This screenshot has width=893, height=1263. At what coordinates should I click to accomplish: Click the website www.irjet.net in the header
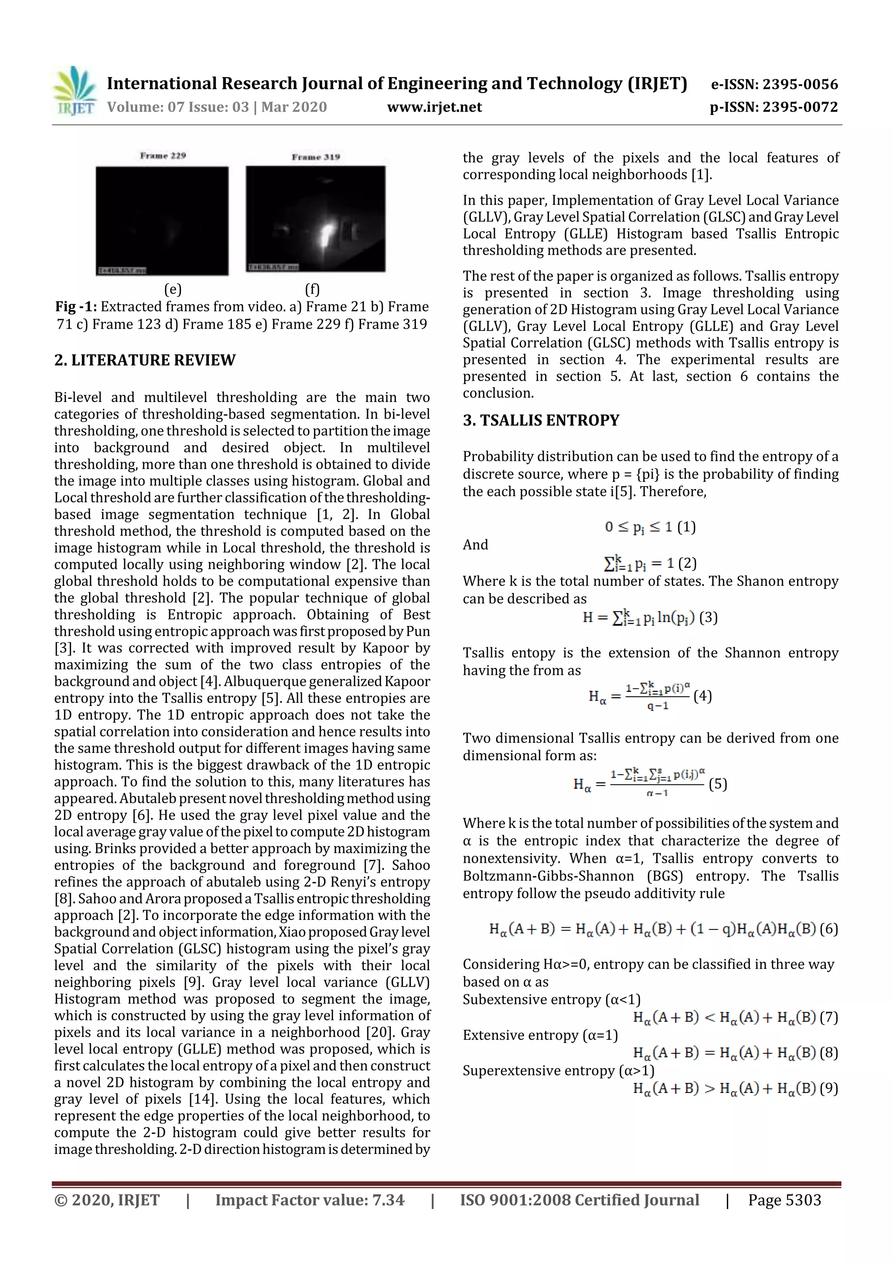coord(434,107)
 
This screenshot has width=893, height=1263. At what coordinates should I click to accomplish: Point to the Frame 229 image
coord(162,220)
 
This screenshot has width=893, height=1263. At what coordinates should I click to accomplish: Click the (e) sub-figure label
coord(173,289)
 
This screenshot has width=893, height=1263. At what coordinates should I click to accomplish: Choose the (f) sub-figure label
coord(312,289)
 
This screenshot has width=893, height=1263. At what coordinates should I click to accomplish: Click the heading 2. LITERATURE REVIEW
coord(145,360)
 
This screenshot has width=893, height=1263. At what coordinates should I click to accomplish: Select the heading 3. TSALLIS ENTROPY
coord(541,421)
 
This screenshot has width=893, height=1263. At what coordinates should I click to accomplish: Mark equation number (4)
coord(702,696)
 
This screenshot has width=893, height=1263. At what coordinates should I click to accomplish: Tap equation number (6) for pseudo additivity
coord(828,929)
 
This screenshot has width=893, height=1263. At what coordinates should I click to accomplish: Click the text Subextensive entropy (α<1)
coord(551,1000)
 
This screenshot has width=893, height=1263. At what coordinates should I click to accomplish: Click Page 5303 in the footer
coord(784,1200)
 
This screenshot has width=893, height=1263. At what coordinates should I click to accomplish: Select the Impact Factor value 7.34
coord(388,1200)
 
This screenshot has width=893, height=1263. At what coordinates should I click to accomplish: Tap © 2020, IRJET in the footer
coord(107,1200)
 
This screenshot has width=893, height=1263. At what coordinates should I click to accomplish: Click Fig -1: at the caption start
coord(75,307)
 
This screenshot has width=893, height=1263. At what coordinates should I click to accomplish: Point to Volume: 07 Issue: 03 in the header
coord(178,107)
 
